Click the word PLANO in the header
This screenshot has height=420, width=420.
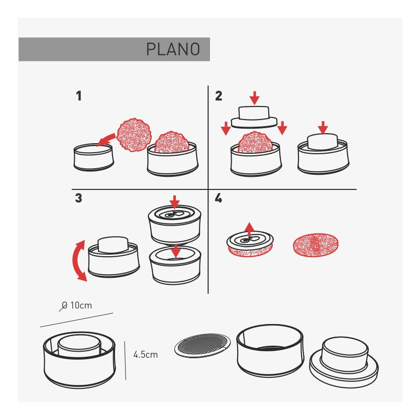pos(173,49)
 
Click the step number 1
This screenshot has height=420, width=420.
pos(79,96)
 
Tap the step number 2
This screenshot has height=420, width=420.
pos(219,96)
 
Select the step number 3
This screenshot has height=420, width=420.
pos(78,198)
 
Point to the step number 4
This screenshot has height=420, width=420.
pos(219,198)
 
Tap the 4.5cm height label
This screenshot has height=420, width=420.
pos(146,355)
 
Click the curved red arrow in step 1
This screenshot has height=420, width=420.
pos(106,140)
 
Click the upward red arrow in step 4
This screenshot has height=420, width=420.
pos(250,229)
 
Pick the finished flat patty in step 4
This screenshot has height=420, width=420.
pos(316,245)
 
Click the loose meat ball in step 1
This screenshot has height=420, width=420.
pos(134,135)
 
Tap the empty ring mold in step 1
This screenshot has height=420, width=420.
pos(93,157)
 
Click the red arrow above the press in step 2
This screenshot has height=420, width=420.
pos(255,98)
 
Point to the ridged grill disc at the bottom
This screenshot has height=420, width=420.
pos(202,345)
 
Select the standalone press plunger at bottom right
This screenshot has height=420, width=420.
pos(344,362)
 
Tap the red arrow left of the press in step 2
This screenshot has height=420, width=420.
pos(226,128)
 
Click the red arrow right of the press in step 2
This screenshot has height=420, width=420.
pos(282,128)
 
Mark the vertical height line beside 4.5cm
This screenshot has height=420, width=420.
pos(125,361)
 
